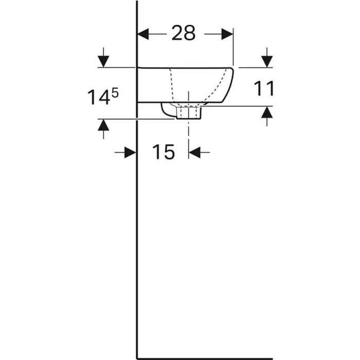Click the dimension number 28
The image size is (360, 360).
pyautogui.click(x=184, y=33)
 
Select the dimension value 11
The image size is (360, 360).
pyautogui.click(x=264, y=88)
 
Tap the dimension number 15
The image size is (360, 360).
pyautogui.click(x=163, y=152)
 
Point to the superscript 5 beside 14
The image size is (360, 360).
pyautogui.click(x=115, y=94)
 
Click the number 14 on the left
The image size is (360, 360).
pyautogui.click(x=99, y=97)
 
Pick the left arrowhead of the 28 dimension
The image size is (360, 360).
pyautogui.click(x=143, y=34)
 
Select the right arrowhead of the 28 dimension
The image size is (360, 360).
pyautogui.click(x=227, y=34)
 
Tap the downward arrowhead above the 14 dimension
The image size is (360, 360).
pyautogui.click(x=103, y=62)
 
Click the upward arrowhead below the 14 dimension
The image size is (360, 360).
pyautogui.click(x=103, y=125)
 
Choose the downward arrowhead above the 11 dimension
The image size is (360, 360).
pyautogui.click(x=267, y=62)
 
